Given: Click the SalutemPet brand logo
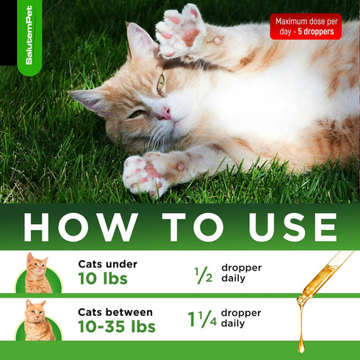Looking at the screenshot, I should point(29,46).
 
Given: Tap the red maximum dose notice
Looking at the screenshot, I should point(305,26).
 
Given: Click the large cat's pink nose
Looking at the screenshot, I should point(167,112).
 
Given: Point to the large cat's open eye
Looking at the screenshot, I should point(160,84).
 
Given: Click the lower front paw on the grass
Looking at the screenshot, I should point(145,173).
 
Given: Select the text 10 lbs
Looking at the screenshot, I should point(103,279).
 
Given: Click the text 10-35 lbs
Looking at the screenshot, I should point(117,326).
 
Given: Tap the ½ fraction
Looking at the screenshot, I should point(202,274).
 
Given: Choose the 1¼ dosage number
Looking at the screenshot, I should point(202,320).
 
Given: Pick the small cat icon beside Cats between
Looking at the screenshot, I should point(38,320).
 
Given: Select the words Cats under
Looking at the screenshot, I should point(107,264).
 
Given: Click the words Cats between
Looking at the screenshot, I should point(115,312).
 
